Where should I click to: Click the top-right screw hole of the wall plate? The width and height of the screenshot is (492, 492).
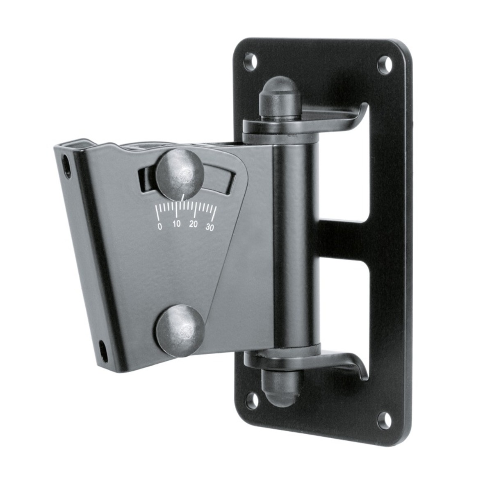(x=385, y=65)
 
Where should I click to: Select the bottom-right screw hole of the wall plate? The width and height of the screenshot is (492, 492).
(x=384, y=420)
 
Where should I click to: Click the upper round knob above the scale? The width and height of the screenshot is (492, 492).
(x=180, y=174)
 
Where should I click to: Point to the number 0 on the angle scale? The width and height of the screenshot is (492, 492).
(x=160, y=226)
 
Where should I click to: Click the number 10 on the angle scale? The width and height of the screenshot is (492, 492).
(x=177, y=224)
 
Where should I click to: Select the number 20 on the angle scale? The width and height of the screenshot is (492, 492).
(x=193, y=224)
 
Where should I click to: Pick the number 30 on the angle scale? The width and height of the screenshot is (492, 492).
(x=210, y=227)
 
